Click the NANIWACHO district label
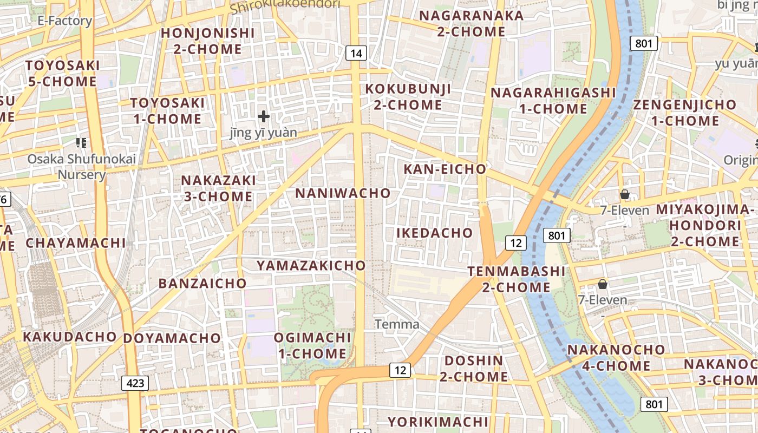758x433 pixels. (343, 193)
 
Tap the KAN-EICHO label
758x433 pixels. (445, 169)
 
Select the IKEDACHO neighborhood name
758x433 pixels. (435, 233)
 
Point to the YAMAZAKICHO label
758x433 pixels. (311, 266)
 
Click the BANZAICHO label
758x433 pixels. (202, 284)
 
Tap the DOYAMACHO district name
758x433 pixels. (172, 339)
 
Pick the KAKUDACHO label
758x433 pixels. (70, 337)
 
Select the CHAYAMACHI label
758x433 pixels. (76, 243)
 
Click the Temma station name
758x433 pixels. (397, 324)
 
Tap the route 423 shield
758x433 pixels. (135, 383)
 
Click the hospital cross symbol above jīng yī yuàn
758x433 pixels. (264, 116)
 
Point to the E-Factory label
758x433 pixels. (64, 21)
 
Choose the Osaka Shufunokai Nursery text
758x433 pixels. (82, 167)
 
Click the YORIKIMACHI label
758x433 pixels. (438, 422)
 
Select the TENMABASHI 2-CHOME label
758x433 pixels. (516, 279)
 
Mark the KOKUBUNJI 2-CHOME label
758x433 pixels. (408, 97)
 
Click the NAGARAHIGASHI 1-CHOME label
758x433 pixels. (553, 101)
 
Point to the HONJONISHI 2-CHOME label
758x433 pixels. (208, 41)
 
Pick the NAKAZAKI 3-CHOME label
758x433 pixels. (218, 188)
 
